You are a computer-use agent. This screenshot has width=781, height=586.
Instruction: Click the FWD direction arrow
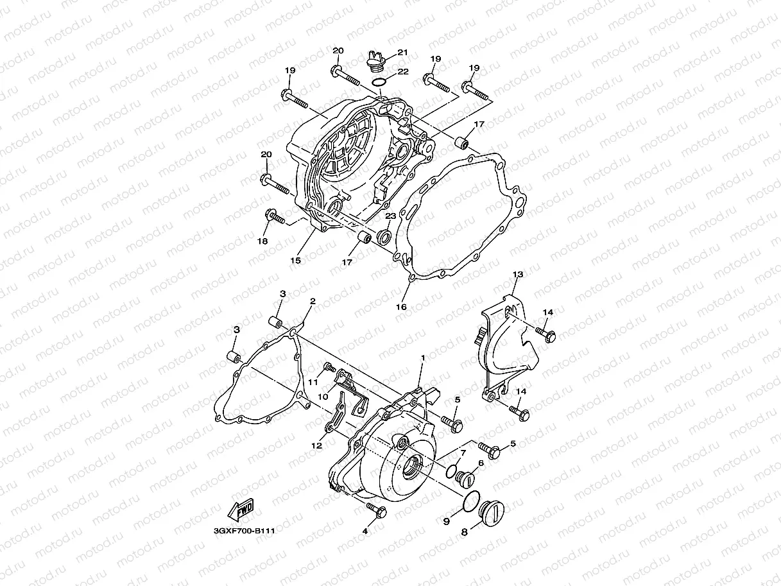click(x=240, y=512)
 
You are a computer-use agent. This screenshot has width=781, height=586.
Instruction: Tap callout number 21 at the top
click(x=402, y=52)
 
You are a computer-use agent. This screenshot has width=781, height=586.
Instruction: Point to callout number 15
click(x=295, y=261)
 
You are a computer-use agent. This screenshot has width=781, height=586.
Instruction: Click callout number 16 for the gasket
click(x=401, y=307)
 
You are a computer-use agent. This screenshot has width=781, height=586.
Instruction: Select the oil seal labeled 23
click(x=386, y=237)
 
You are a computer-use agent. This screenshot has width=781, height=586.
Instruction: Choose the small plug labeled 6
click(x=465, y=478)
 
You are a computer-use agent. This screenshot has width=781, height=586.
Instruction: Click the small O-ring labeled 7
click(x=453, y=470)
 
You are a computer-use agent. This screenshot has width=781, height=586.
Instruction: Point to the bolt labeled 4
click(x=375, y=510)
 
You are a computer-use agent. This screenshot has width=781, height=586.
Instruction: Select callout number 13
click(x=518, y=274)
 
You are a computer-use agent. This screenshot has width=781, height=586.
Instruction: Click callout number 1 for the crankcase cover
click(x=423, y=357)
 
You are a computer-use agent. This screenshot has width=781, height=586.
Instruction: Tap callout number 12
click(x=316, y=445)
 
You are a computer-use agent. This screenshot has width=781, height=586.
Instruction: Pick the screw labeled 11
click(x=329, y=368)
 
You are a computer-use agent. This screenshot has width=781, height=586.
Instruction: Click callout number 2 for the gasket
click(x=313, y=300)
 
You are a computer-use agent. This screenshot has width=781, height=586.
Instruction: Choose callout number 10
click(x=323, y=397)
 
